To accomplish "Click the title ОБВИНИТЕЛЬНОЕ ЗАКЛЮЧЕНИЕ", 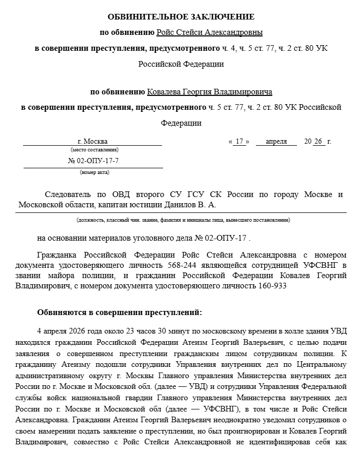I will click(x=181, y=17).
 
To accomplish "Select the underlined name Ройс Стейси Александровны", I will click(x=209, y=32).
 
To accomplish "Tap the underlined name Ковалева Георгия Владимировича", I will click(x=209, y=92).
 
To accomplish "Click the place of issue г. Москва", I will click(x=92, y=141).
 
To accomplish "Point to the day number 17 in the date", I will click(x=238, y=141).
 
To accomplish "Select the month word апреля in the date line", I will click(x=276, y=141).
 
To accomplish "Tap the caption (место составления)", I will click(x=94, y=150).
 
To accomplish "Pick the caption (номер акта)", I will click(x=94, y=172).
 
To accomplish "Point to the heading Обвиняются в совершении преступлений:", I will click(x=119, y=312).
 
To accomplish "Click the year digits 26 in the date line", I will click(x=319, y=141).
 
